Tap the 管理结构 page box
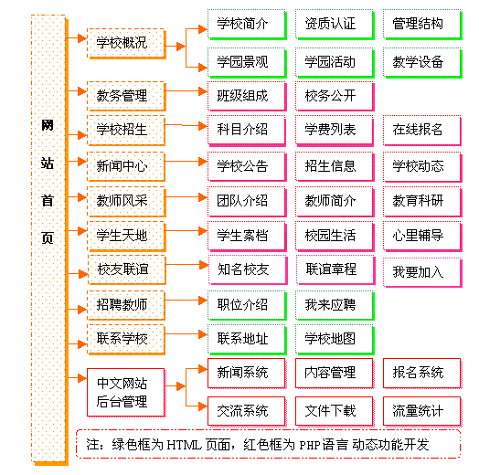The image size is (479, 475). click(420, 25)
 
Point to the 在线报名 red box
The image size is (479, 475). click(420, 130)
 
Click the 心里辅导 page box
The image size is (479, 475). click(420, 235)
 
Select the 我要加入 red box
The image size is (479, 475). click(420, 271)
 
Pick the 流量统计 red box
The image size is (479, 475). click(420, 410)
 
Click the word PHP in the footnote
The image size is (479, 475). click(314, 445)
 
